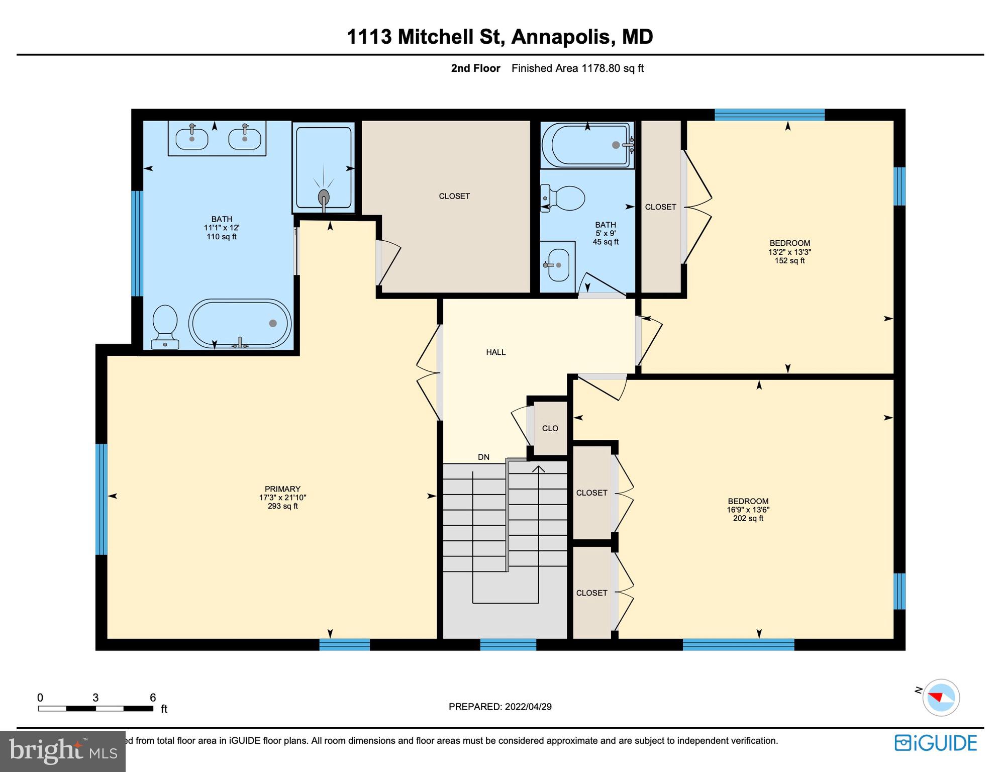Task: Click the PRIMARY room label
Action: tap(282, 489)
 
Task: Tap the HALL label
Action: tap(495, 352)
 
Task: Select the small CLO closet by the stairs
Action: tap(550, 428)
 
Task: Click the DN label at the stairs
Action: tap(483, 457)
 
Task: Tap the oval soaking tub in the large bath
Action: tap(240, 324)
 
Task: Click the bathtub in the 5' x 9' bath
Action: tap(587, 145)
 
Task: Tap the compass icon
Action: tap(941, 698)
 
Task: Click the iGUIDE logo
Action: tap(936, 743)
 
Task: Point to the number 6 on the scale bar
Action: tap(153, 698)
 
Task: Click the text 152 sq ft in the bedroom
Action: tap(789, 261)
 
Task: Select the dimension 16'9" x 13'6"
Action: tap(748, 510)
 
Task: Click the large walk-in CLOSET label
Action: tap(454, 196)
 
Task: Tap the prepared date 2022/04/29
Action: tap(528, 707)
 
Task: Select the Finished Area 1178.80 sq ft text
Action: tap(577, 68)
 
